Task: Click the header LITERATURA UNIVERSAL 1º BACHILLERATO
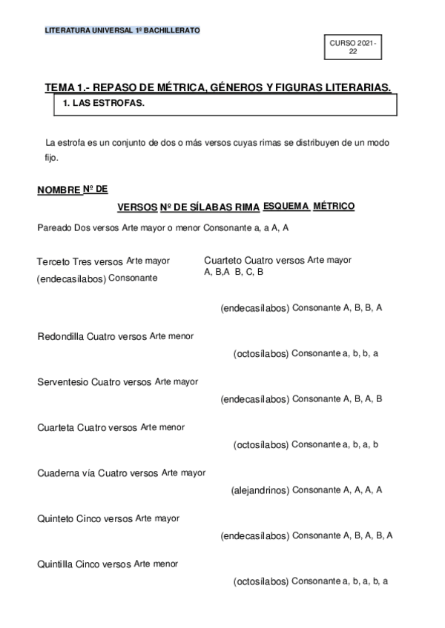(122, 30)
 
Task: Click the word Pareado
(54, 227)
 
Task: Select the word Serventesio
(63, 382)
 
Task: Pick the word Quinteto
(56, 518)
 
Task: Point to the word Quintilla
(56, 564)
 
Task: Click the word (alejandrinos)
(260, 490)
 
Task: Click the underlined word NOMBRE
(59, 191)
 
